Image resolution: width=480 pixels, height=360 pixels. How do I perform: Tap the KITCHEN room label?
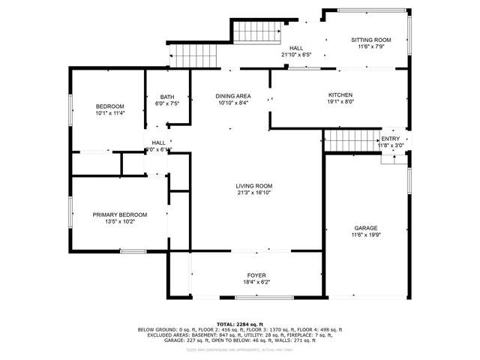[340, 95]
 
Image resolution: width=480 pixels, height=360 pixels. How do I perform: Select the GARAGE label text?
[366, 228]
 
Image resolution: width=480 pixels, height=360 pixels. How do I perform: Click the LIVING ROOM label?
[254, 186]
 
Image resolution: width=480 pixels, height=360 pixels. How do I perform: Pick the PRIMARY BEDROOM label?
[120, 214]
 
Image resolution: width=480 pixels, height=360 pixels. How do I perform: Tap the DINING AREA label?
[232, 96]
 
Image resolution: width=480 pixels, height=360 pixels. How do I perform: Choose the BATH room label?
[167, 97]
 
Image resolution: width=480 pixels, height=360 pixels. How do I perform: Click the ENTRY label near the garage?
[391, 139]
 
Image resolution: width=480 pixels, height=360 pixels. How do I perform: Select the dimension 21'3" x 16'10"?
[254, 193]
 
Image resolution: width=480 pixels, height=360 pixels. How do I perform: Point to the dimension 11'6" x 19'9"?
[366, 235]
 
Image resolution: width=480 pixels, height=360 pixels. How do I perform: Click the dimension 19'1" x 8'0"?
[340, 103]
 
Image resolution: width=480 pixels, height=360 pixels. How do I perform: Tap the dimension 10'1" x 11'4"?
[109, 113]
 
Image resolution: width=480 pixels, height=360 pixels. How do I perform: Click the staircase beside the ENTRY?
[352, 140]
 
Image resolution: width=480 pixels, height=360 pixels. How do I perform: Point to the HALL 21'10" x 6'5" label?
[296, 51]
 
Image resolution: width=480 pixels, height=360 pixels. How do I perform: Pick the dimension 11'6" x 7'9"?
[371, 46]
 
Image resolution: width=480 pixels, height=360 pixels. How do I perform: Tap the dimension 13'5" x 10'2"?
[120, 222]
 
